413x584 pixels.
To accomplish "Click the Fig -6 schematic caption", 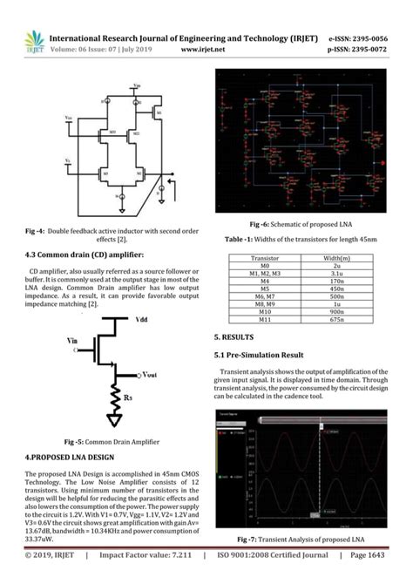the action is click(x=302, y=224).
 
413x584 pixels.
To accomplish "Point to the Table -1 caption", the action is click(x=301, y=239).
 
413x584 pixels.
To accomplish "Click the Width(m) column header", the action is click(x=336, y=259).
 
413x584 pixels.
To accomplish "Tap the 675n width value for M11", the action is click(x=336, y=321).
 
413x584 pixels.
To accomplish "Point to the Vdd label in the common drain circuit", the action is click(x=141, y=320).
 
